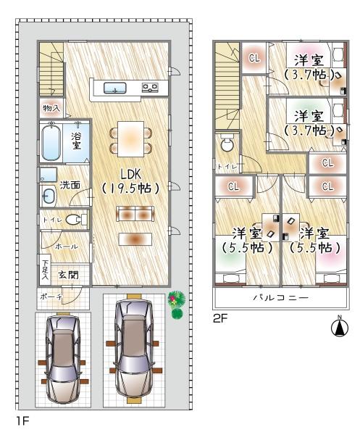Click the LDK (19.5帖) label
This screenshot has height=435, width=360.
(x=130, y=181)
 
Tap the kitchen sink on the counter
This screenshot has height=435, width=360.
(x=115, y=88)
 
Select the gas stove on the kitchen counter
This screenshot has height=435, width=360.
(x=150, y=88)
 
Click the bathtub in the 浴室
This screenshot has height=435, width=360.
(x=51, y=142)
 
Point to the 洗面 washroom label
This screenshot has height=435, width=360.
(x=70, y=185)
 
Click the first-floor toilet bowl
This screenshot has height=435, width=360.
(x=73, y=220)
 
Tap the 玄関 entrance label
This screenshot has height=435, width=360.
(x=68, y=275)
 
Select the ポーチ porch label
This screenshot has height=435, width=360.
(x=51, y=297)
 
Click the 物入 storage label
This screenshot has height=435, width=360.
(x=51, y=108)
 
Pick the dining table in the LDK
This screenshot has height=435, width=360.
(x=131, y=138)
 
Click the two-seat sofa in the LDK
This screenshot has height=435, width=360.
(x=135, y=214)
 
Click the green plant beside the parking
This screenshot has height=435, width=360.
(x=177, y=304)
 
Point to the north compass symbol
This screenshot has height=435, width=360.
(x=340, y=328)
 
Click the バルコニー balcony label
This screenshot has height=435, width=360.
(x=281, y=298)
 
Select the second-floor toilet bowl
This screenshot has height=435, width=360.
(x=227, y=142)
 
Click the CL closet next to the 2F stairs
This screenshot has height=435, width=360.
(x=254, y=58)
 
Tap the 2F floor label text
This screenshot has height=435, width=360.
(x=220, y=319)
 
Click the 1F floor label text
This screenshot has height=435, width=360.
(x=22, y=421)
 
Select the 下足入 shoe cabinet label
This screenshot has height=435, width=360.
(x=45, y=270)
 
